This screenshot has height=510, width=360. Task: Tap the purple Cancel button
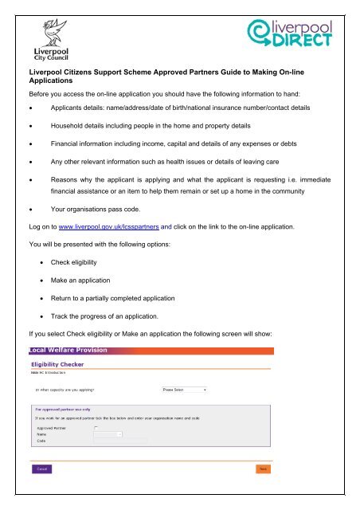point(41,469)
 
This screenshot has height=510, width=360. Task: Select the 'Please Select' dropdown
point(179,390)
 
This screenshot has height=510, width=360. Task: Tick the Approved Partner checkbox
point(96,427)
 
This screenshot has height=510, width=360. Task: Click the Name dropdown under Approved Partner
point(108,433)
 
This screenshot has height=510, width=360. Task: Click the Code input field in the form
point(119,441)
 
